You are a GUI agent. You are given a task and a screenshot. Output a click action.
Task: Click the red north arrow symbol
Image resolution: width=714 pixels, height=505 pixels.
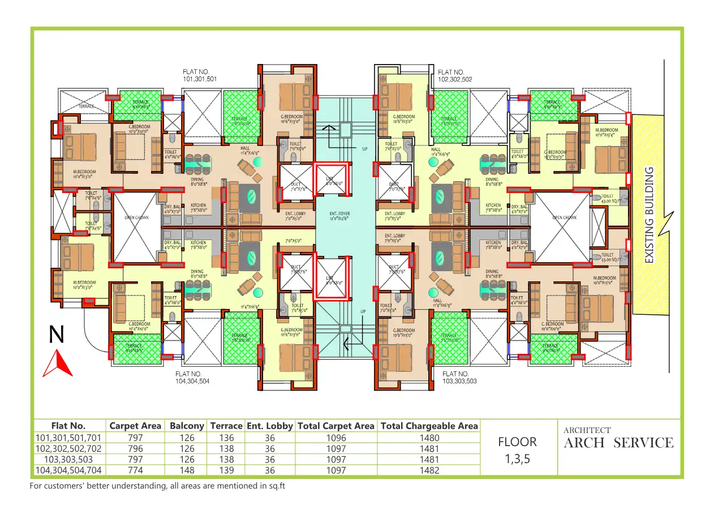58,363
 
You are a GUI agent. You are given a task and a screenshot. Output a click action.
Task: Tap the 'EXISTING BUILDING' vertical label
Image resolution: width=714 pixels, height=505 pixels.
650,215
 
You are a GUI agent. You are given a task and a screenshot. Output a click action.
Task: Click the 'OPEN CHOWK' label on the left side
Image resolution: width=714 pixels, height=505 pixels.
136,217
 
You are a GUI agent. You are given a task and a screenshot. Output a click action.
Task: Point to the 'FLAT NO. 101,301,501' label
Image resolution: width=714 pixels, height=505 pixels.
199,76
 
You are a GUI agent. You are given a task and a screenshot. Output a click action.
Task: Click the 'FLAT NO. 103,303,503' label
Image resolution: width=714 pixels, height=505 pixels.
459,378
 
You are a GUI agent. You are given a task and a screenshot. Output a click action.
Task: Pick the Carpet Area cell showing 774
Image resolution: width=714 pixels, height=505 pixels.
135,470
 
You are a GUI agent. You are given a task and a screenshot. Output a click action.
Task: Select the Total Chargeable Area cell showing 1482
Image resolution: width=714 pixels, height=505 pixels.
429,470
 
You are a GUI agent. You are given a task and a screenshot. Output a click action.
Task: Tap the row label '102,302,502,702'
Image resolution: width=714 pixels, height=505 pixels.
68,448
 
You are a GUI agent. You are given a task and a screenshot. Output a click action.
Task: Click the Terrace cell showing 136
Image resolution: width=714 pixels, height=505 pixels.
226,438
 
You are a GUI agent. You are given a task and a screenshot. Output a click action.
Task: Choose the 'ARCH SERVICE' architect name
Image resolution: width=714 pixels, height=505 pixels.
618,443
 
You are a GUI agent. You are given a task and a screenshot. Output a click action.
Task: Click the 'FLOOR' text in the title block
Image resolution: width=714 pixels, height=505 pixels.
517,442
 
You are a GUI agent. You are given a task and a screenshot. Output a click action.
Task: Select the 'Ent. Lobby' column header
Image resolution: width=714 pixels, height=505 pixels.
270,426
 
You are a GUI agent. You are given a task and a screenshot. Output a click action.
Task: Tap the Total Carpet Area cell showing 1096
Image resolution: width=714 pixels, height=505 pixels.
336,438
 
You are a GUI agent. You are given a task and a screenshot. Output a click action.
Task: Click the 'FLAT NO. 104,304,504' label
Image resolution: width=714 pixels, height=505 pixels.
192,378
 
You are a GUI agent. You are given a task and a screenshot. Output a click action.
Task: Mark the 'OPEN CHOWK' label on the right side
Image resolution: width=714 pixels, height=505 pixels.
564,217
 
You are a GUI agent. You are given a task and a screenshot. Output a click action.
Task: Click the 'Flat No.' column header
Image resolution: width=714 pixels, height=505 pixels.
68,426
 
